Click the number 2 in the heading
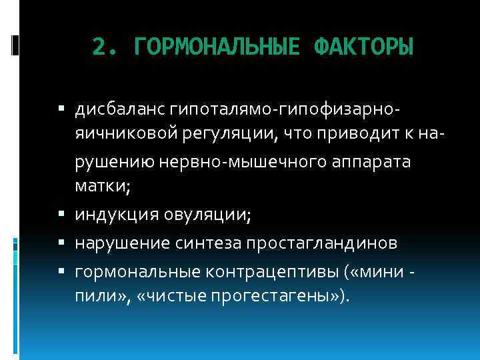click(x=99, y=47)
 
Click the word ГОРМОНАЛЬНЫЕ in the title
click(x=217, y=47)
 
